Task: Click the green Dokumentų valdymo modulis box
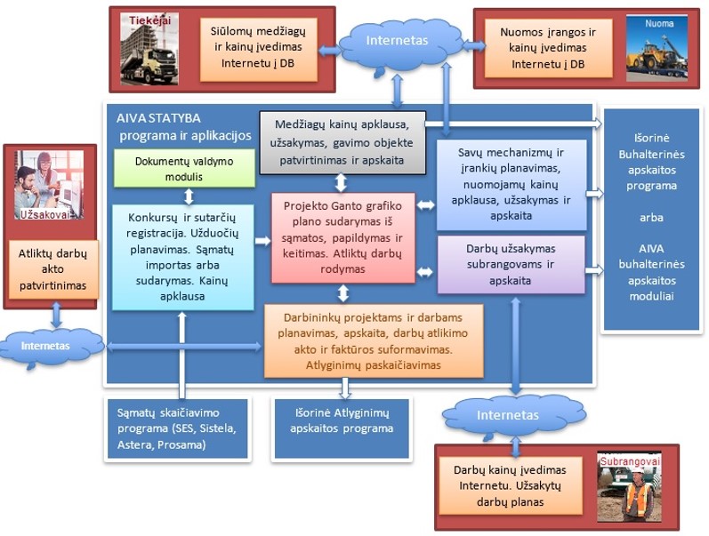point(184,168)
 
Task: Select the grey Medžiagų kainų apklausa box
point(342,142)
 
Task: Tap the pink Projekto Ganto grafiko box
point(342,237)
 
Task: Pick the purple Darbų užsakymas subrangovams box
point(511,264)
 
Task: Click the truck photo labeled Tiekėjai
point(149,49)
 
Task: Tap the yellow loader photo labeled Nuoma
point(657,48)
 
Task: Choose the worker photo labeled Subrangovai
point(629,486)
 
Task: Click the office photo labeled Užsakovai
point(49,185)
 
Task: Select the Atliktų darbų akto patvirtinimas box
point(53,269)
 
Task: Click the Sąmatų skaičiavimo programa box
point(177,428)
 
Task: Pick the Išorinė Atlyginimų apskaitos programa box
point(342,428)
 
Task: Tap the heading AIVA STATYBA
point(158,118)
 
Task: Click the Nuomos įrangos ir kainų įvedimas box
point(548,48)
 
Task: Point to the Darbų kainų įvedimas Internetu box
point(511,486)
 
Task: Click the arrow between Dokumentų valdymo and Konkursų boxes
point(189,196)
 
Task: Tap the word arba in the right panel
point(651,218)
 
